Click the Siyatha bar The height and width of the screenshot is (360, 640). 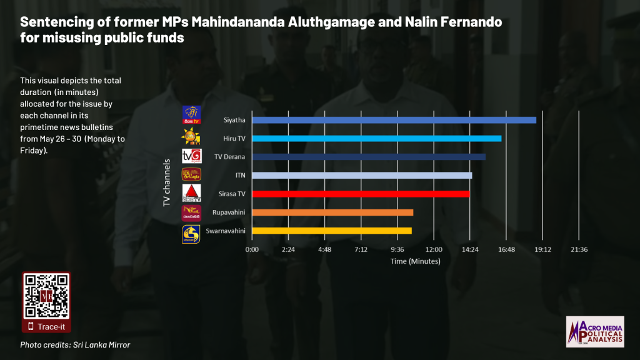tap(394, 120)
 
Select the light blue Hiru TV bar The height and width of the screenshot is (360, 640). tap(376, 138)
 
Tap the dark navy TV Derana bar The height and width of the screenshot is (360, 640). tap(369, 156)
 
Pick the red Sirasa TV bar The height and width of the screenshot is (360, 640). tap(361, 194)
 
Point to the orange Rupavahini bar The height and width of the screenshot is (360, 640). tap(332, 212)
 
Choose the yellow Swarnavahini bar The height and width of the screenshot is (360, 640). tap(331, 231)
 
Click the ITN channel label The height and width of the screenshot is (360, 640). tap(239, 175)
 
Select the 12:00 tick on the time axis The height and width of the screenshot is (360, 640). tap(434, 249)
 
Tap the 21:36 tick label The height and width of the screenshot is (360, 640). tap(579, 249)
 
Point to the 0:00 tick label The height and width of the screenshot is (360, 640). tap(252, 249)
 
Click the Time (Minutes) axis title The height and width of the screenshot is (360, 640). tap(415, 261)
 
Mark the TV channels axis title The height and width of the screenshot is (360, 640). tap(167, 182)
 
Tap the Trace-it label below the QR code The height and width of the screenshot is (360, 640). tap(51, 326)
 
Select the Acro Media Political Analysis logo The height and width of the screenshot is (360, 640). tap(594, 331)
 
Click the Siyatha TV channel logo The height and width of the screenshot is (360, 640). tap(191, 115)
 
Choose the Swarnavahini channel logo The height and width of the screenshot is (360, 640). tap(191, 234)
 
